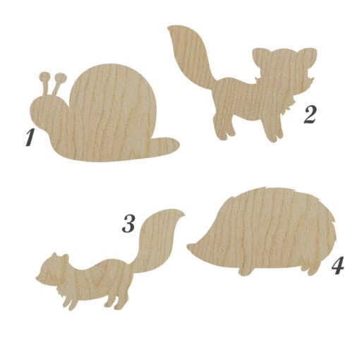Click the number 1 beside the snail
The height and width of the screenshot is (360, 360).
coord(30,137)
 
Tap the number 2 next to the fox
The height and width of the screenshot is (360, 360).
coord(310,115)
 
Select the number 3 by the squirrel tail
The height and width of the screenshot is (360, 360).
coord(128,224)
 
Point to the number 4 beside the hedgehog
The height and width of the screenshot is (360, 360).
coord(337,265)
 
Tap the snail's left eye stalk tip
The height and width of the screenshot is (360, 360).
coord(44,76)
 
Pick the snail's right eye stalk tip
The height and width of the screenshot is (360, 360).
coord(61,77)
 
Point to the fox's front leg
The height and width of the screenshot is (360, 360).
coord(275,129)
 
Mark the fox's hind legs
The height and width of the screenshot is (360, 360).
coord(222,127)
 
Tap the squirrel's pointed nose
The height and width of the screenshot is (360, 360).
coord(37,278)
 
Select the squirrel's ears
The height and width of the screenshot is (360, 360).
coord(60,257)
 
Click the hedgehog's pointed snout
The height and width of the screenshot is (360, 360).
coord(190,246)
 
